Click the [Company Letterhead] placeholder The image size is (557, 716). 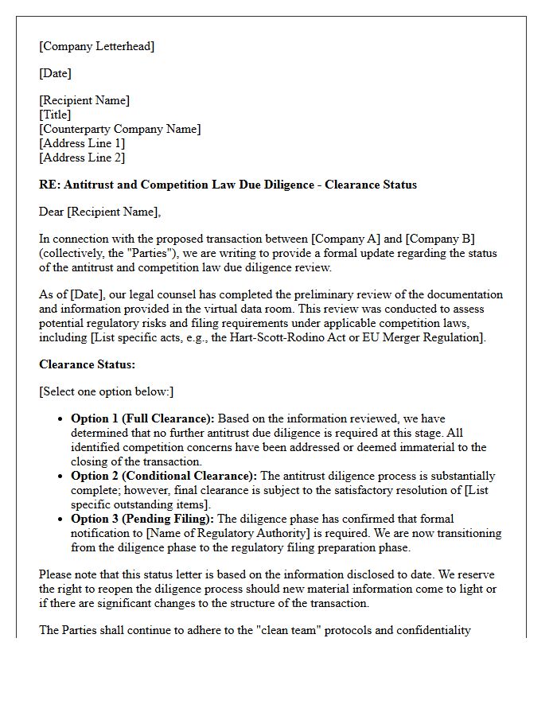click(96, 46)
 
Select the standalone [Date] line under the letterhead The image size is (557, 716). click(55, 73)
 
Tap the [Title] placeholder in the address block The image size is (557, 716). click(55, 115)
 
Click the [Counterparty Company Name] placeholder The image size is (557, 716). click(119, 129)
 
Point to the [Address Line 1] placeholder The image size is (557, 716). click(82, 143)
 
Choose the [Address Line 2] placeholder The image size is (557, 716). click(82, 158)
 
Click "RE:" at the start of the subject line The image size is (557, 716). click(49, 185)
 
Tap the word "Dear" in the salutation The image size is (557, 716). click(53, 212)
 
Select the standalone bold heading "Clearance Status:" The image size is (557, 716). click(88, 364)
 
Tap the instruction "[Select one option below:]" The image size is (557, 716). click(106, 391)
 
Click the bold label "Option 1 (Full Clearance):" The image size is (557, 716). click(142, 418)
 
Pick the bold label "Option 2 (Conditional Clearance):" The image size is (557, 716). click(164, 476)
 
